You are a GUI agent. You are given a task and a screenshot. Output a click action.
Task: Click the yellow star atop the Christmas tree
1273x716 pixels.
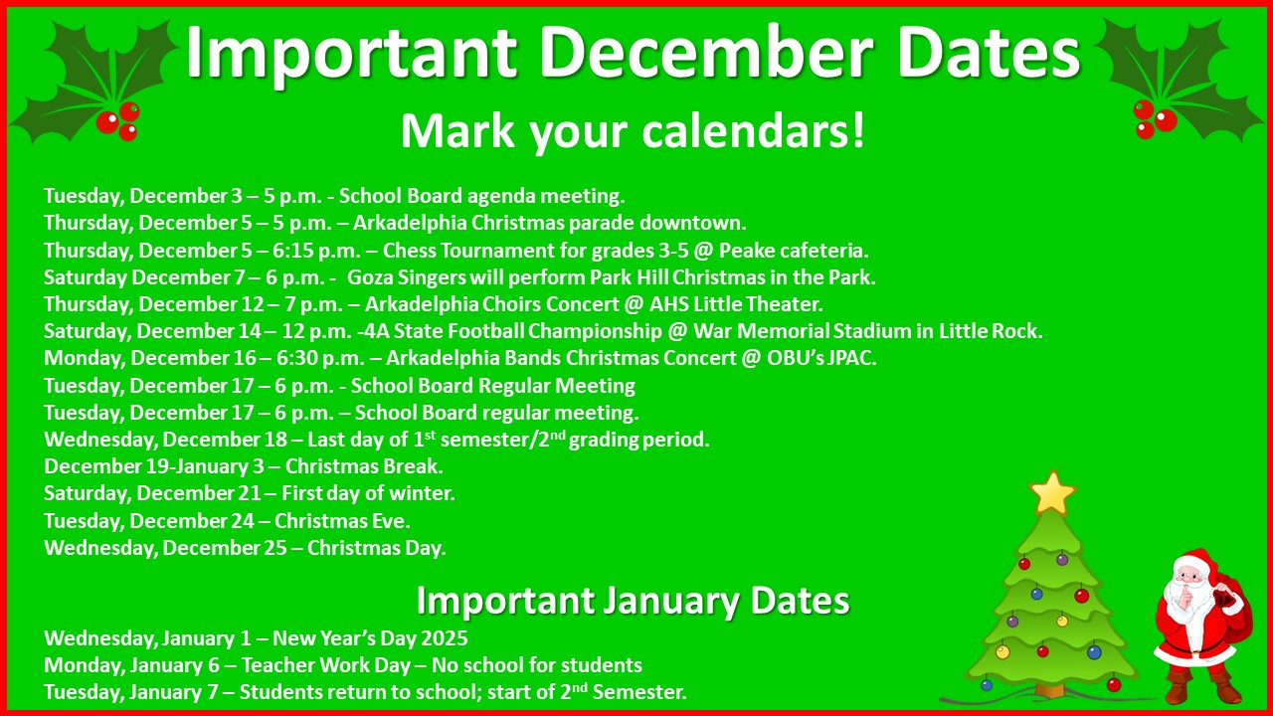(x=1052, y=492)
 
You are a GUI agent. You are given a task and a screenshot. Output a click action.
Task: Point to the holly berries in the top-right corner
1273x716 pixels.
(x=1155, y=118)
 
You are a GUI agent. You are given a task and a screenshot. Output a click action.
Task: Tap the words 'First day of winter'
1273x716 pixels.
(x=368, y=493)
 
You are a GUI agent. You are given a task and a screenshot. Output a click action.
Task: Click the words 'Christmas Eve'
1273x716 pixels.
(x=342, y=520)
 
